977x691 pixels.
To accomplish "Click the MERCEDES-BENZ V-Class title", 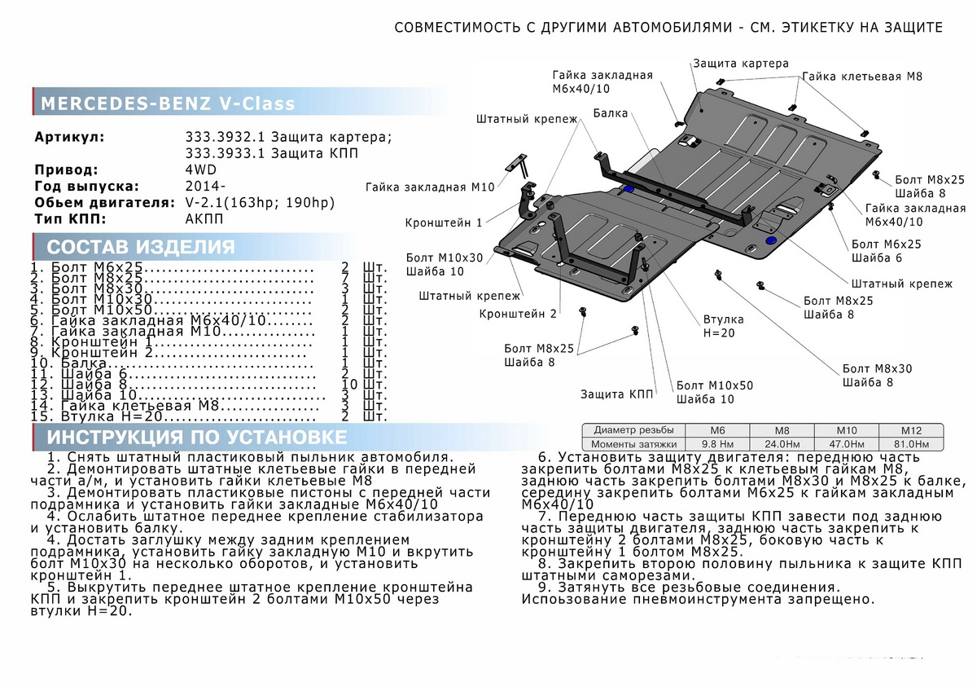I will [168, 104].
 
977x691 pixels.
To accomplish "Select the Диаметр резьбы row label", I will [633, 430].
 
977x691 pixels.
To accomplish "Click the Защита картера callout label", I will [741, 63].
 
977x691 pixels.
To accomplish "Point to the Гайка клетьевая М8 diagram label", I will [862, 76].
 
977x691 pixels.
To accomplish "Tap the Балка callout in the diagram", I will [611, 113].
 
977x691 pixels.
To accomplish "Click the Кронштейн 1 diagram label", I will [444, 222].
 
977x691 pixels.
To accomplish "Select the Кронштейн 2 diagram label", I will [518, 314].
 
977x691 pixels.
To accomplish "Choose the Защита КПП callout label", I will [616, 394].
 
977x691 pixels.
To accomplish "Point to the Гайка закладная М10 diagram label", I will [430, 187].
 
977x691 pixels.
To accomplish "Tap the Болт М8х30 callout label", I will [878, 368].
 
